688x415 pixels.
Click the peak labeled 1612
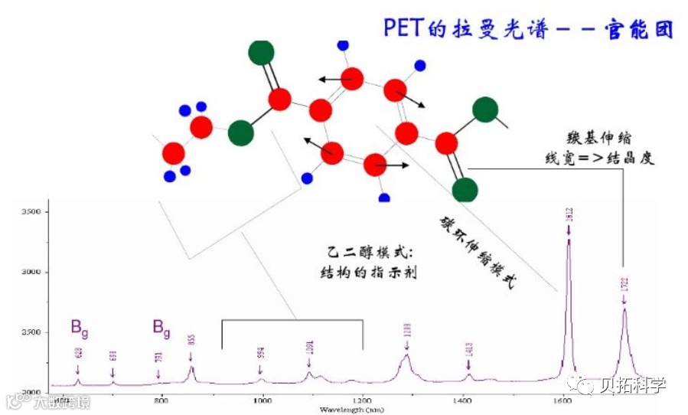pos(569,240)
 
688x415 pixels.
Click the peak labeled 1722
pos(624,309)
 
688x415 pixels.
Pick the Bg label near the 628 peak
pos(79,328)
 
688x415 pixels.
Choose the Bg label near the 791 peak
pos(161,328)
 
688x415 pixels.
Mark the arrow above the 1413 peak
pos(469,374)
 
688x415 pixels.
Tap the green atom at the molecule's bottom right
pos(465,189)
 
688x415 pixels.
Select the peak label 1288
pos(408,331)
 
